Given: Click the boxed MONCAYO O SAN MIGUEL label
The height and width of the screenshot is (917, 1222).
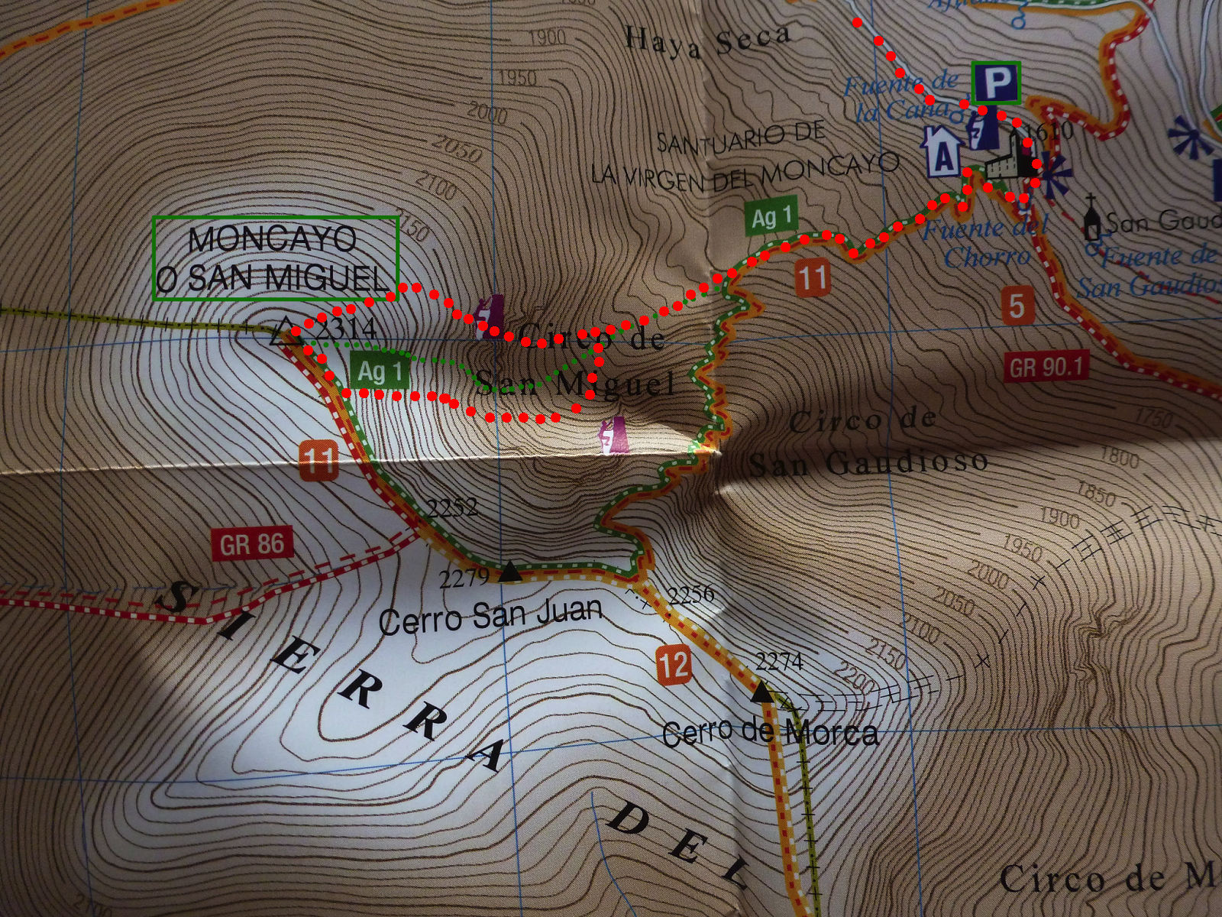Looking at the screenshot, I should click(x=276, y=258).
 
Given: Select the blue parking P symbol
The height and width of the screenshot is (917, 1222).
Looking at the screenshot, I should click(x=996, y=83).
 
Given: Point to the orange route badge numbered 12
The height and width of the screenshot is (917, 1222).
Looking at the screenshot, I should click(x=673, y=665).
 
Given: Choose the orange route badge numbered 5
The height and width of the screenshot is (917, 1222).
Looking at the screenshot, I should click(x=1016, y=305).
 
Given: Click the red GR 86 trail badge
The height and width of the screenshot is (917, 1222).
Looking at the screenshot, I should click(x=251, y=545).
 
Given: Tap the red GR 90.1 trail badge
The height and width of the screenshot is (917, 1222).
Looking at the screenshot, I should click(x=1046, y=368).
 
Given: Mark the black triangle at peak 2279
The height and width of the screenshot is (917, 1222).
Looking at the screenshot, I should click(x=509, y=572).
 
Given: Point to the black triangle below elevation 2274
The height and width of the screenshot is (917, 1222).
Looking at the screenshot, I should click(x=761, y=692).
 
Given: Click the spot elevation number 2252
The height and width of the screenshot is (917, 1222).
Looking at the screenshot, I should click(x=452, y=507).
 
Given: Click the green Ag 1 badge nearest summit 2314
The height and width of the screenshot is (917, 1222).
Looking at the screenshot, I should click(x=380, y=372).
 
